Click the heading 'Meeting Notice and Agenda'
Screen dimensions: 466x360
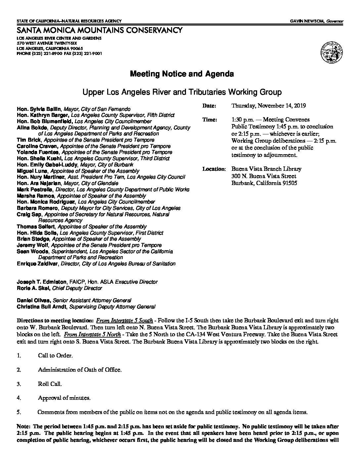[182, 74]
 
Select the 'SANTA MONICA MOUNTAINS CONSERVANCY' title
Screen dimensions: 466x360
[99, 30]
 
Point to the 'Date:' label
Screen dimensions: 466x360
[209, 106]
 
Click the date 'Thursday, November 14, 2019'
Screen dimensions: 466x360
[268, 106]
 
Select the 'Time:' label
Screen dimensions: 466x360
[209, 120]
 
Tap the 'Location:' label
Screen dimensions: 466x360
[214, 169]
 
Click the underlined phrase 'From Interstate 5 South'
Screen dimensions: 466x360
[124, 320]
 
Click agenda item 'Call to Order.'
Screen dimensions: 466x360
[55, 355]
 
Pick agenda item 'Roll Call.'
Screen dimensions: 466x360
[50, 384]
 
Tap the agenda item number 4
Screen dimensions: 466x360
[19, 398]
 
